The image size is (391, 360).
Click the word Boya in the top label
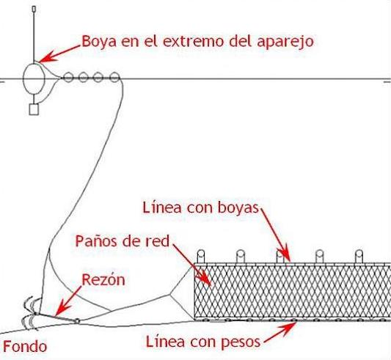(x=99, y=42)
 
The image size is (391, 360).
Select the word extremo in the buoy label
(x=193, y=41)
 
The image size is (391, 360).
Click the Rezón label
(x=103, y=279)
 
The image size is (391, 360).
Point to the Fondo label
(x=25, y=347)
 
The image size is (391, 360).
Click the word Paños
(x=97, y=241)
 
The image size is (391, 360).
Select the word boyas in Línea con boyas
(x=238, y=208)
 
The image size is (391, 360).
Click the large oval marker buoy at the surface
(x=34, y=78)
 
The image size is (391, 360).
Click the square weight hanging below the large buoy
(x=34, y=109)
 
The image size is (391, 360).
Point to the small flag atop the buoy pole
(x=34, y=10)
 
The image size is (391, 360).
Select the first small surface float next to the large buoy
(x=67, y=77)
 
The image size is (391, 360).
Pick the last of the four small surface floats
(x=114, y=77)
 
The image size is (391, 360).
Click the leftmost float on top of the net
(x=201, y=256)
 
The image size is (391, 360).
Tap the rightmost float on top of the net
(x=359, y=256)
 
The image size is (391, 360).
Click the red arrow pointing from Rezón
(x=68, y=301)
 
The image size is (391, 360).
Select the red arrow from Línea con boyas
(x=275, y=235)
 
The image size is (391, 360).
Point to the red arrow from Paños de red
(x=191, y=265)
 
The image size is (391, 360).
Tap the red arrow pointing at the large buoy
(x=59, y=54)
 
